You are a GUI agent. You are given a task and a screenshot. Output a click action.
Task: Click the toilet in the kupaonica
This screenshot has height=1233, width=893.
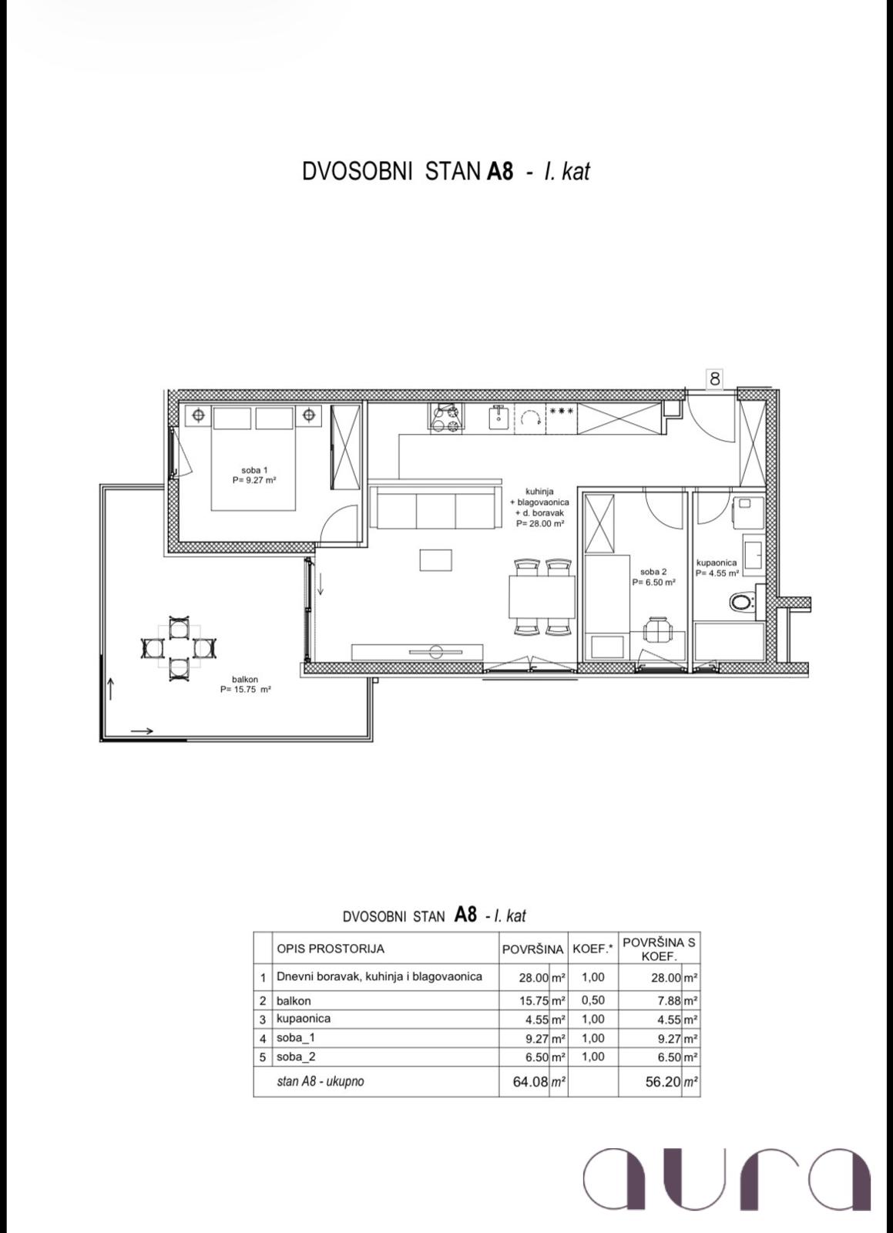(x=743, y=602)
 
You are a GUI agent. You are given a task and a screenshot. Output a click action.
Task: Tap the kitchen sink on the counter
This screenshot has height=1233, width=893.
(x=499, y=416)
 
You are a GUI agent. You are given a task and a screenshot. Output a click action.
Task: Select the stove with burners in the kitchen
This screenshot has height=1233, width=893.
(x=445, y=416)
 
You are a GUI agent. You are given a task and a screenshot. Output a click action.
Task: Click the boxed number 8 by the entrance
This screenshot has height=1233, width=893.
(x=715, y=378)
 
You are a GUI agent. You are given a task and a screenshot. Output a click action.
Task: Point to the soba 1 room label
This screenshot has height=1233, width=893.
(x=254, y=475)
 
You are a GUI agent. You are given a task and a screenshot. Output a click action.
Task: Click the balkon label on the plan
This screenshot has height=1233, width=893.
(x=245, y=684)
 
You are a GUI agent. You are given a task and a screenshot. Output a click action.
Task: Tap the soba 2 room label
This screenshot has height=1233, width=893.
(x=653, y=576)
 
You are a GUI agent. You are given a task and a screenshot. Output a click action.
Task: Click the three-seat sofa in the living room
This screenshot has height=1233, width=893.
(x=435, y=506)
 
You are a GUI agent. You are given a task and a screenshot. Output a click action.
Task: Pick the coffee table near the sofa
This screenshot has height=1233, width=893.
(x=436, y=559)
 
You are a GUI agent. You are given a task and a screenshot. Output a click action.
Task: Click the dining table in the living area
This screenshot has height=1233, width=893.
(x=542, y=596)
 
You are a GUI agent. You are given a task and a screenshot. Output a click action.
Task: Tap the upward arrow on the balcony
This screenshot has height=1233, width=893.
(x=111, y=689)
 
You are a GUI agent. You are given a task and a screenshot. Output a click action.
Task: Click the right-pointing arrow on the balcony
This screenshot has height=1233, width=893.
(x=142, y=731)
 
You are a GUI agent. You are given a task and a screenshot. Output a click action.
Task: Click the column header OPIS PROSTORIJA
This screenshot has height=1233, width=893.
(x=331, y=949)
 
